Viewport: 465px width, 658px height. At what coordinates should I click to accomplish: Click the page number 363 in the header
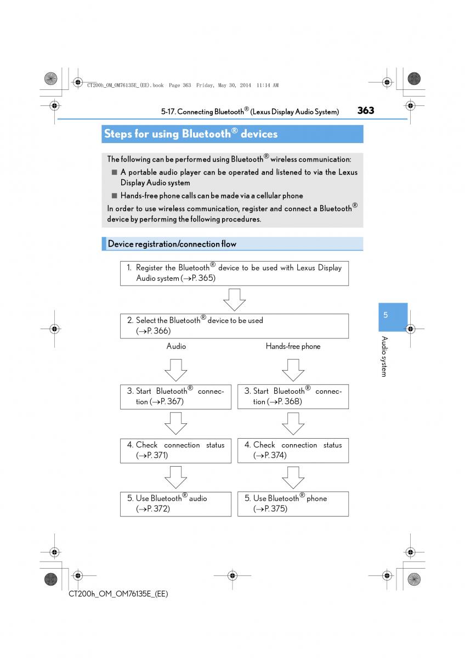(x=365, y=110)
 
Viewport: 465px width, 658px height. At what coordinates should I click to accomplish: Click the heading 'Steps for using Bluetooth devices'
(x=191, y=134)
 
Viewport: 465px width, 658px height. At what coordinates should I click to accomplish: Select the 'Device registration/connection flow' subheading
(x=172, y=243)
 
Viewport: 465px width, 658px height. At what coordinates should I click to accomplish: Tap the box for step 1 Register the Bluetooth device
(x=234, y=273)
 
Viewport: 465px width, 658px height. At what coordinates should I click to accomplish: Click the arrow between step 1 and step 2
(x=234, y=300)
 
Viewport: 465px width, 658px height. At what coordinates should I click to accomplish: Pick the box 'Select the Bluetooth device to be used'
(x=234, y=326)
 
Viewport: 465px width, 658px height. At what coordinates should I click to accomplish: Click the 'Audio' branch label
(x=176, y=347)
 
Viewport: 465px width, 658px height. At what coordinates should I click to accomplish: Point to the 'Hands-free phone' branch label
(x=293, y=347)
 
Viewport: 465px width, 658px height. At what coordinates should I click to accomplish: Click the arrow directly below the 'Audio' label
(x=176, y=370)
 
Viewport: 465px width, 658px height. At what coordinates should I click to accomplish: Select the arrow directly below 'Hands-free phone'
(x=293, y=370)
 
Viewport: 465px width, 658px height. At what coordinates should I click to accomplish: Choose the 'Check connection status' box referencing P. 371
(x=175, y=450)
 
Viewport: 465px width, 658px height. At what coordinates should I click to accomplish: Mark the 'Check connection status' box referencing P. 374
(x=293, y=450)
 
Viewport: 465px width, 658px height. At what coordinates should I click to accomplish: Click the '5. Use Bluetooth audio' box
(x=175, y=503)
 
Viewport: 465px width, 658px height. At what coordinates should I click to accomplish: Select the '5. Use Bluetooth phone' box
(x=293, y=503)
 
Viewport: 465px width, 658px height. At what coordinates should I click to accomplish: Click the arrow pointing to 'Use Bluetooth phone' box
(x=293, y=477)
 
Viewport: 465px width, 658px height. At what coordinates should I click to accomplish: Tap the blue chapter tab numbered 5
(x=385, y=315)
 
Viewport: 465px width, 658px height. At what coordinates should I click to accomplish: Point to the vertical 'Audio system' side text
(x=384, y=356)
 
